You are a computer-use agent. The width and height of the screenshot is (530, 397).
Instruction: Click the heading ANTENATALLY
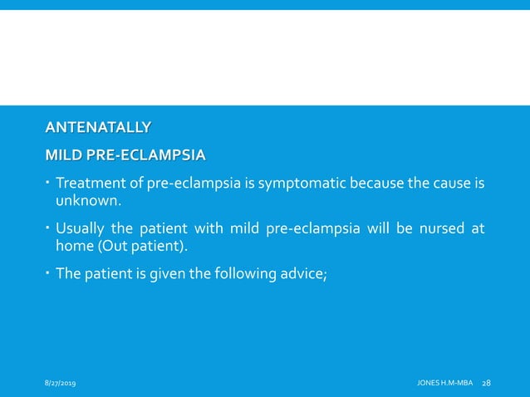(x=98, y=127)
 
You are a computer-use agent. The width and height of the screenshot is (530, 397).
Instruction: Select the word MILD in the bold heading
(x=62, y=155)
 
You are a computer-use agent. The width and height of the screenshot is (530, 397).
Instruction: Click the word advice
(x=307, y=274)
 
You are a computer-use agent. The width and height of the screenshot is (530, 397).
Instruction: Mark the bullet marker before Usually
(x=48, y=228)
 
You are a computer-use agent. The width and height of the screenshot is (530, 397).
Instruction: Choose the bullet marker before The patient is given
(x=48, y=274)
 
